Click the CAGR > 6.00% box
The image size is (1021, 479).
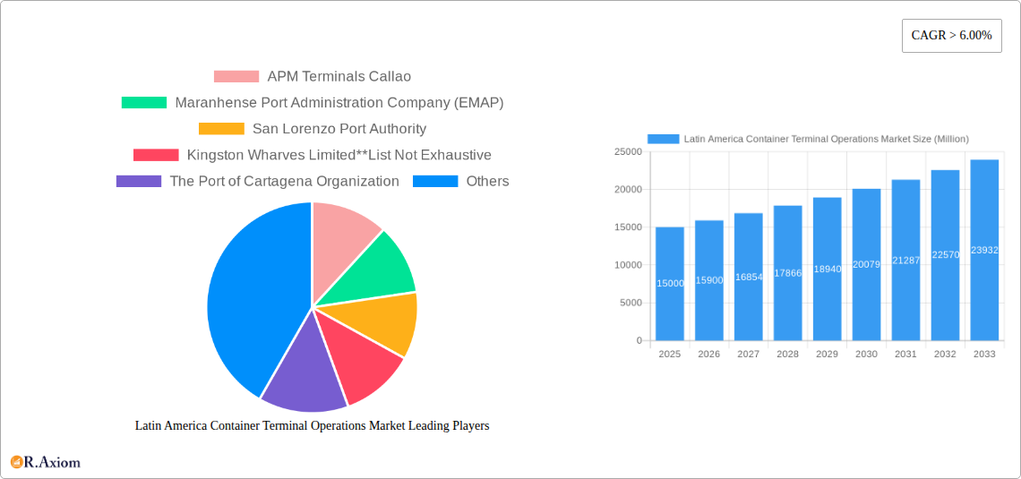tap(951, 36)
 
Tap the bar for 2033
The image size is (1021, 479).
tap(984, 250)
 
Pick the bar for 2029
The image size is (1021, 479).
tap(827, 269)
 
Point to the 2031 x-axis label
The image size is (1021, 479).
tap(905, 355)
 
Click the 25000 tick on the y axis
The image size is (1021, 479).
tap(627, 152)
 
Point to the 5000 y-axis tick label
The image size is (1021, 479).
tap(630, 303)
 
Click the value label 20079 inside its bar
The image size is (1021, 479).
tap(866, 264)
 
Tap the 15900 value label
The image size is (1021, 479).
tap(709, 280)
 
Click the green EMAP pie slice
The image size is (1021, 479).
tap(376, 269)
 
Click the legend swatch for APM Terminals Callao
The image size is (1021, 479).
tap(236, 77)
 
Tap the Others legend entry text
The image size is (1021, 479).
tap(487, 181)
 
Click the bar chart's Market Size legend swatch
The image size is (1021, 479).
tap(664, 139)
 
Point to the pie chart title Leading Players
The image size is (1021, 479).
tap(312, 426)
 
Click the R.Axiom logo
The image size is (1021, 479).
tap(46, 462)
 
